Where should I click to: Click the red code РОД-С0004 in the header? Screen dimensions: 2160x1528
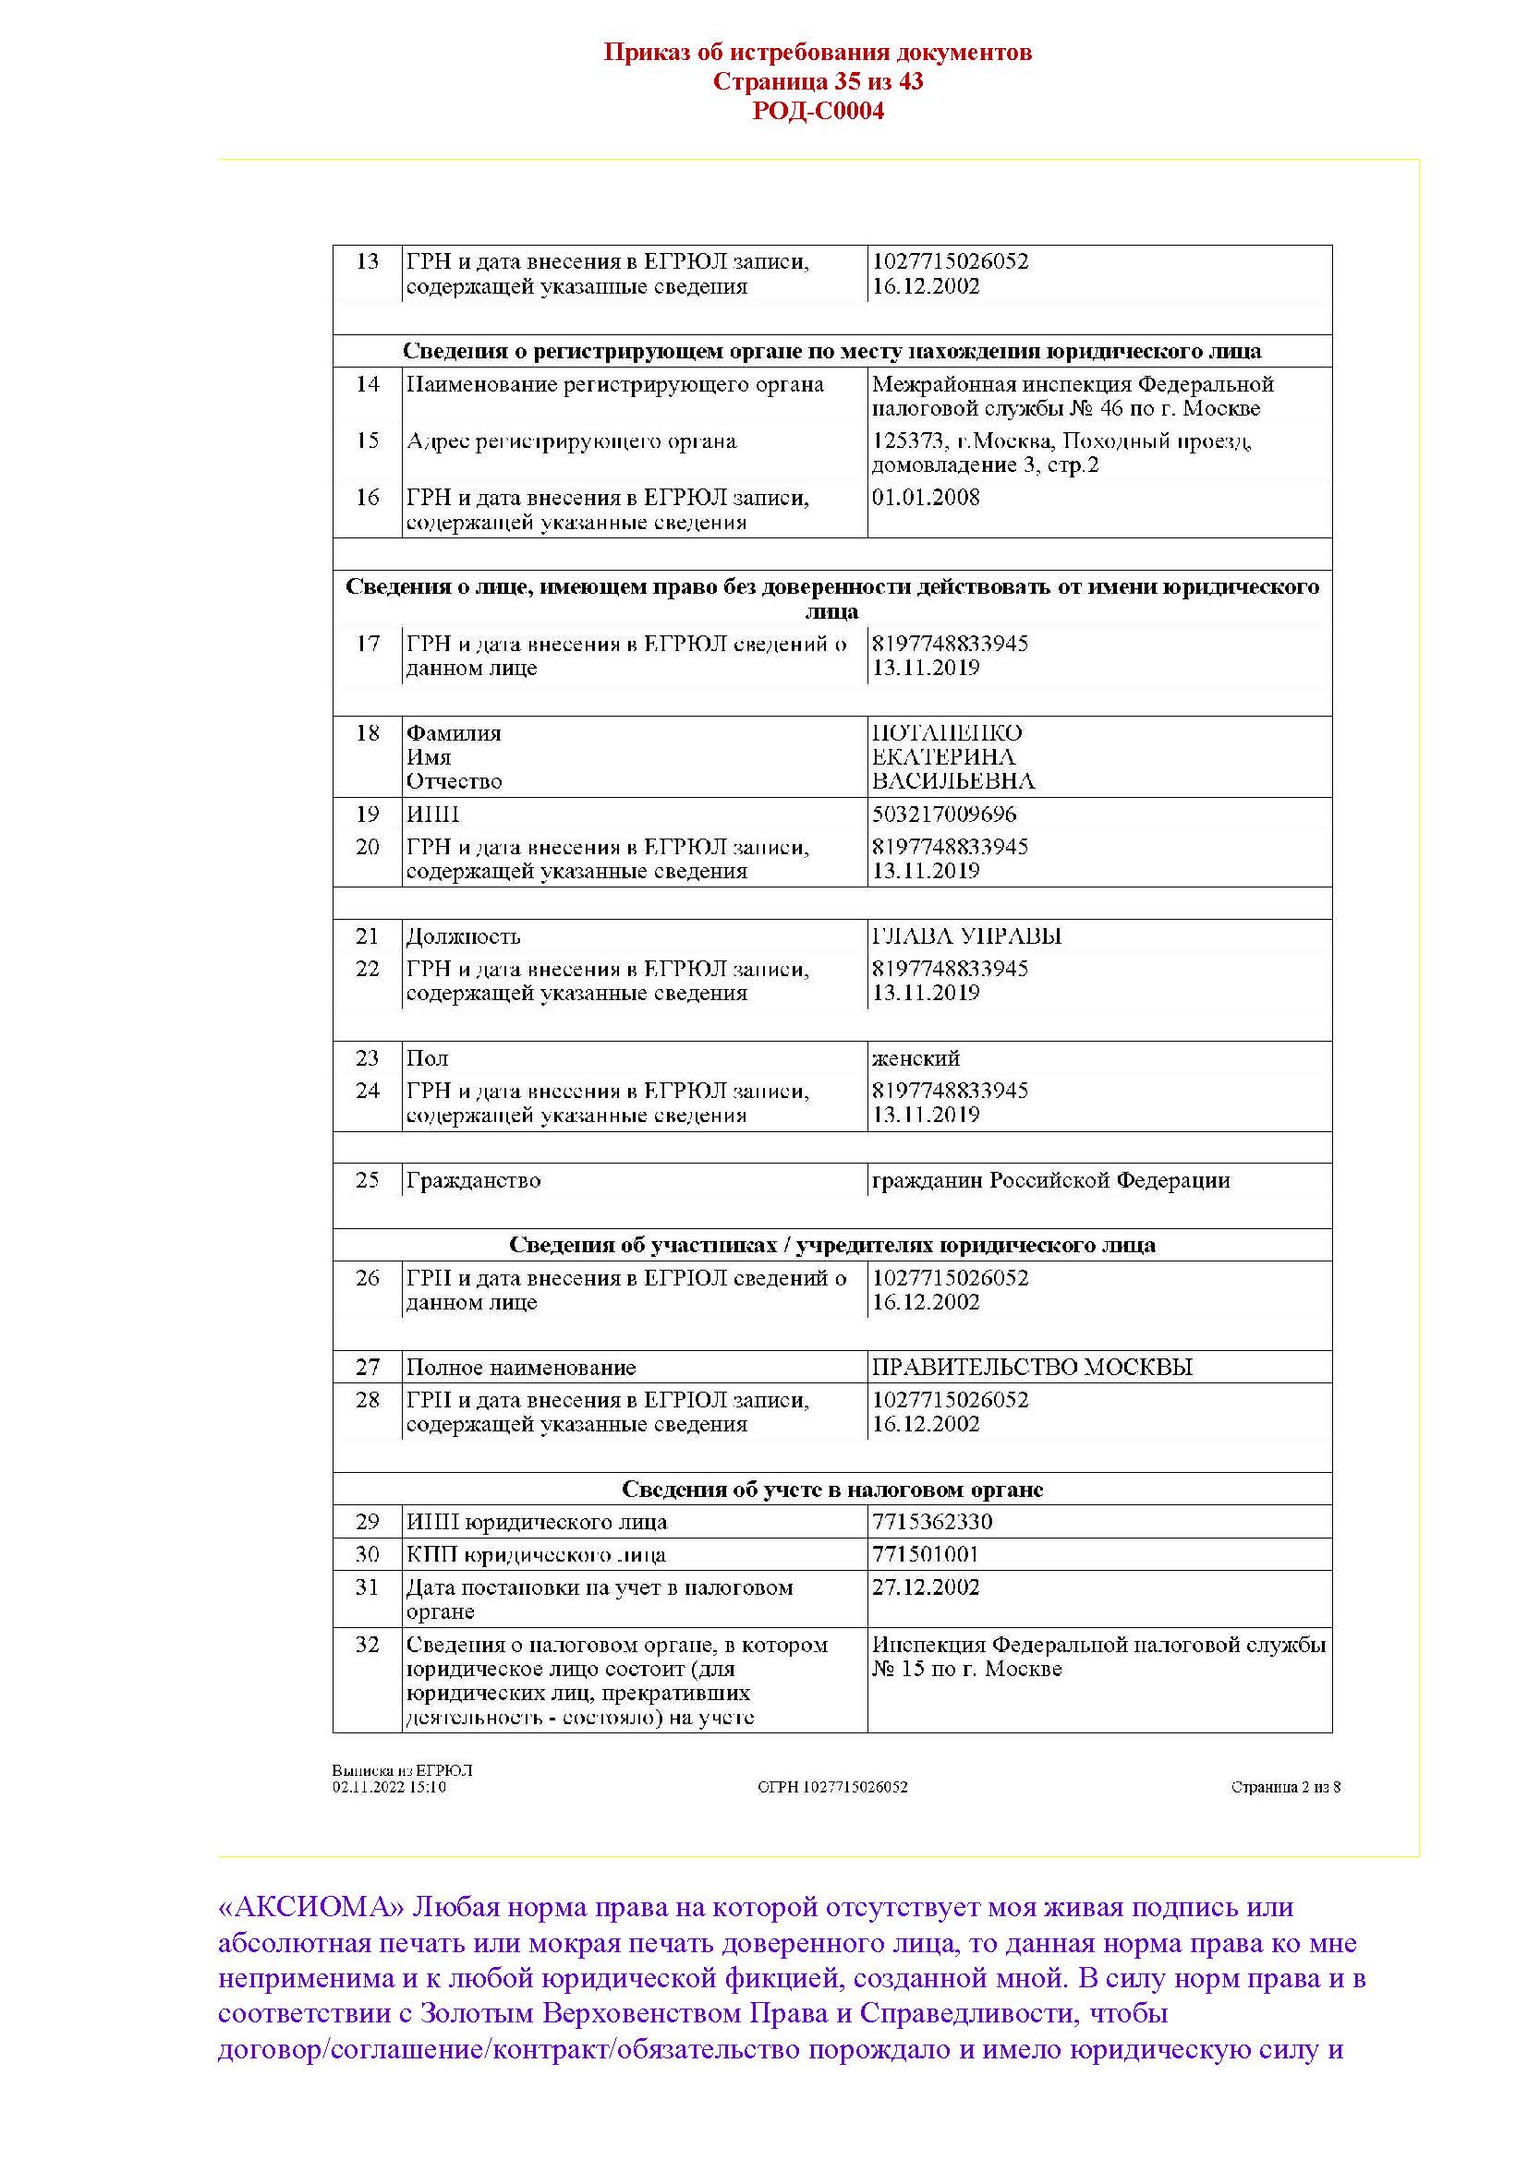818,112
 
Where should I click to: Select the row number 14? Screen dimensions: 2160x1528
367,384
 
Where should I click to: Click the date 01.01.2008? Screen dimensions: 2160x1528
926,498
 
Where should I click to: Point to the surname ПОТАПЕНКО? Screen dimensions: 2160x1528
947,733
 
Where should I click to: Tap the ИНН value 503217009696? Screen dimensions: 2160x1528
944,814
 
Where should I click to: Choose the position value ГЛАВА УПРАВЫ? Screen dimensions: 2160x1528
966,936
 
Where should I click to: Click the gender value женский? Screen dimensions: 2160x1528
916,1058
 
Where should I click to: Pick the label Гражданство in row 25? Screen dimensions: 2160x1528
473,1181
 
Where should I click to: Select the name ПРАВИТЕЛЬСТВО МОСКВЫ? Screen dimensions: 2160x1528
1032,1368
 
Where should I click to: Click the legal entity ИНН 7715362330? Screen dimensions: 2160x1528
931,1522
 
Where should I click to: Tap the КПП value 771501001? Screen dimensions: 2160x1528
925,1555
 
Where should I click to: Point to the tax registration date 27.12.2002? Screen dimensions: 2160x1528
926,1588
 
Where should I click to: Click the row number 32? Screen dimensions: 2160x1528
367,1645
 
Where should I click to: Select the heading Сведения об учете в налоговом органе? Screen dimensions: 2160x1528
831,1490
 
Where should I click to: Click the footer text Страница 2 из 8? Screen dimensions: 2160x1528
1285,1788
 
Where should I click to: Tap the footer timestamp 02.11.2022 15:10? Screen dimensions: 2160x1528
389,1788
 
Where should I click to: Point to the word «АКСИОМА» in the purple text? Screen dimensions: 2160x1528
311,1907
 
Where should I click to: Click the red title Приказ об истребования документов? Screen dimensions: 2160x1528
818,52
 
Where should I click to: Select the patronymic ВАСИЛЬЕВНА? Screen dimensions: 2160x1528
953,781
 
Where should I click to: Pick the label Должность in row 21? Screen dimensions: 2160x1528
463,936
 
